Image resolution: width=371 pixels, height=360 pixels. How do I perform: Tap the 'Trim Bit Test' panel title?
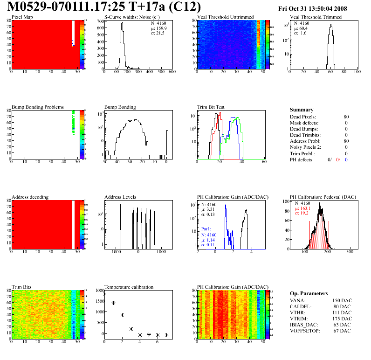[211, 107]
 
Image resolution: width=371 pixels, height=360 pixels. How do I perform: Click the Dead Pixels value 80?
[346, 117]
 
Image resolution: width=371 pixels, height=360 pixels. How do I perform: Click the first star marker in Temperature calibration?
[104, 294]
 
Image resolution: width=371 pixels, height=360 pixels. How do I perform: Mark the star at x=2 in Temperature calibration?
[122, 315]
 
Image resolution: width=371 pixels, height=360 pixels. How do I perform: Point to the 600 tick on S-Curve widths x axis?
[172, 72]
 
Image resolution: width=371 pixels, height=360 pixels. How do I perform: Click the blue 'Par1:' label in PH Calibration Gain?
[207, 229]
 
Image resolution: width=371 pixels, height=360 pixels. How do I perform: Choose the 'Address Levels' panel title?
[120, 197]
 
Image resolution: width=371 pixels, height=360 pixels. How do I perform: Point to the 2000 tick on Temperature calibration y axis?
[99, 290]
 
